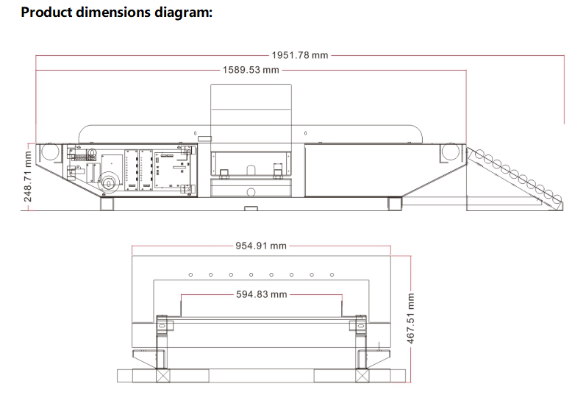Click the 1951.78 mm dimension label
tap(300, 55)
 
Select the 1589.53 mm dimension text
tap(251, 70)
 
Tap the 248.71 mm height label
tap(28, 177)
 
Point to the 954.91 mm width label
tap(261, 246)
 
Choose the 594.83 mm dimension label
tap(261, 294)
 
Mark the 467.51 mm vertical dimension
tap(410, 319)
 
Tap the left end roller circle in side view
tap(50, 152)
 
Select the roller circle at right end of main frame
tap(450, 152)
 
